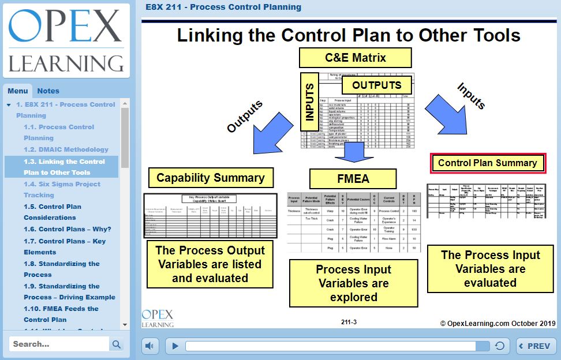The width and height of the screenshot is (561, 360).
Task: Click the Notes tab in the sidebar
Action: (48, 91)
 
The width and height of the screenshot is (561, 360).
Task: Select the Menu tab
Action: (17, 91)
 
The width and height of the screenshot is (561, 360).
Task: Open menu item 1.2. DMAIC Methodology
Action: (66, 149)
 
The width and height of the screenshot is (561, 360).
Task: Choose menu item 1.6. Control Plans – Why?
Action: (67, 229)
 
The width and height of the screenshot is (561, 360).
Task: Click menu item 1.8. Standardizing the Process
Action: (61, 269)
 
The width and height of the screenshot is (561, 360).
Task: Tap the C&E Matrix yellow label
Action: (355, 58)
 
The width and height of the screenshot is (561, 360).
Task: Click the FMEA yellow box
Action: (353, 179)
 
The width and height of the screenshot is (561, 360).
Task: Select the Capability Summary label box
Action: (210, 178)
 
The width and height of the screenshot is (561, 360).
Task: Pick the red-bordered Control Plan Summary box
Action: (487, 163)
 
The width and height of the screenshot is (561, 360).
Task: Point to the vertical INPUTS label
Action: (311, 102)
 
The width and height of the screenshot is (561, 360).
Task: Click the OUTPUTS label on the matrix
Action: (376, 85)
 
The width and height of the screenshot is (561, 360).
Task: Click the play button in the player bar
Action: (175, 346)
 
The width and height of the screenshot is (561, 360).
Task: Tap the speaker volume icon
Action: (149, 346)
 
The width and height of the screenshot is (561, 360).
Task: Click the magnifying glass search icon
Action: (117, 344)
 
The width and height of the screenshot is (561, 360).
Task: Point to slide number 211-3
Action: (349, 322)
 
